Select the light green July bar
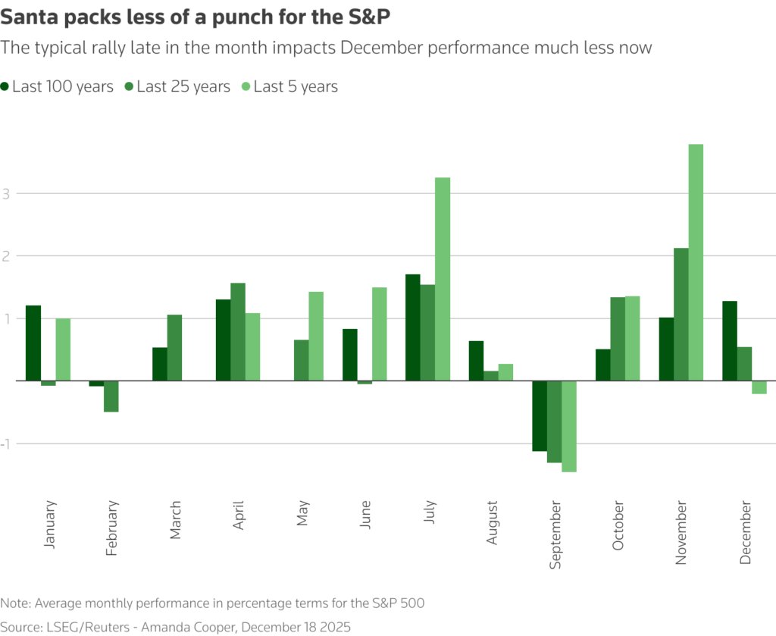(x=443, y=278)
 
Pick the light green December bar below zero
(x=759, y=387)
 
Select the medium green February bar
(x=111, y=396)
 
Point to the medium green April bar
(x=238, y=331)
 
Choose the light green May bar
(x=316, y=335)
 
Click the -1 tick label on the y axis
(x=8, y=443)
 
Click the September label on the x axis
(x=556, y=534)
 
